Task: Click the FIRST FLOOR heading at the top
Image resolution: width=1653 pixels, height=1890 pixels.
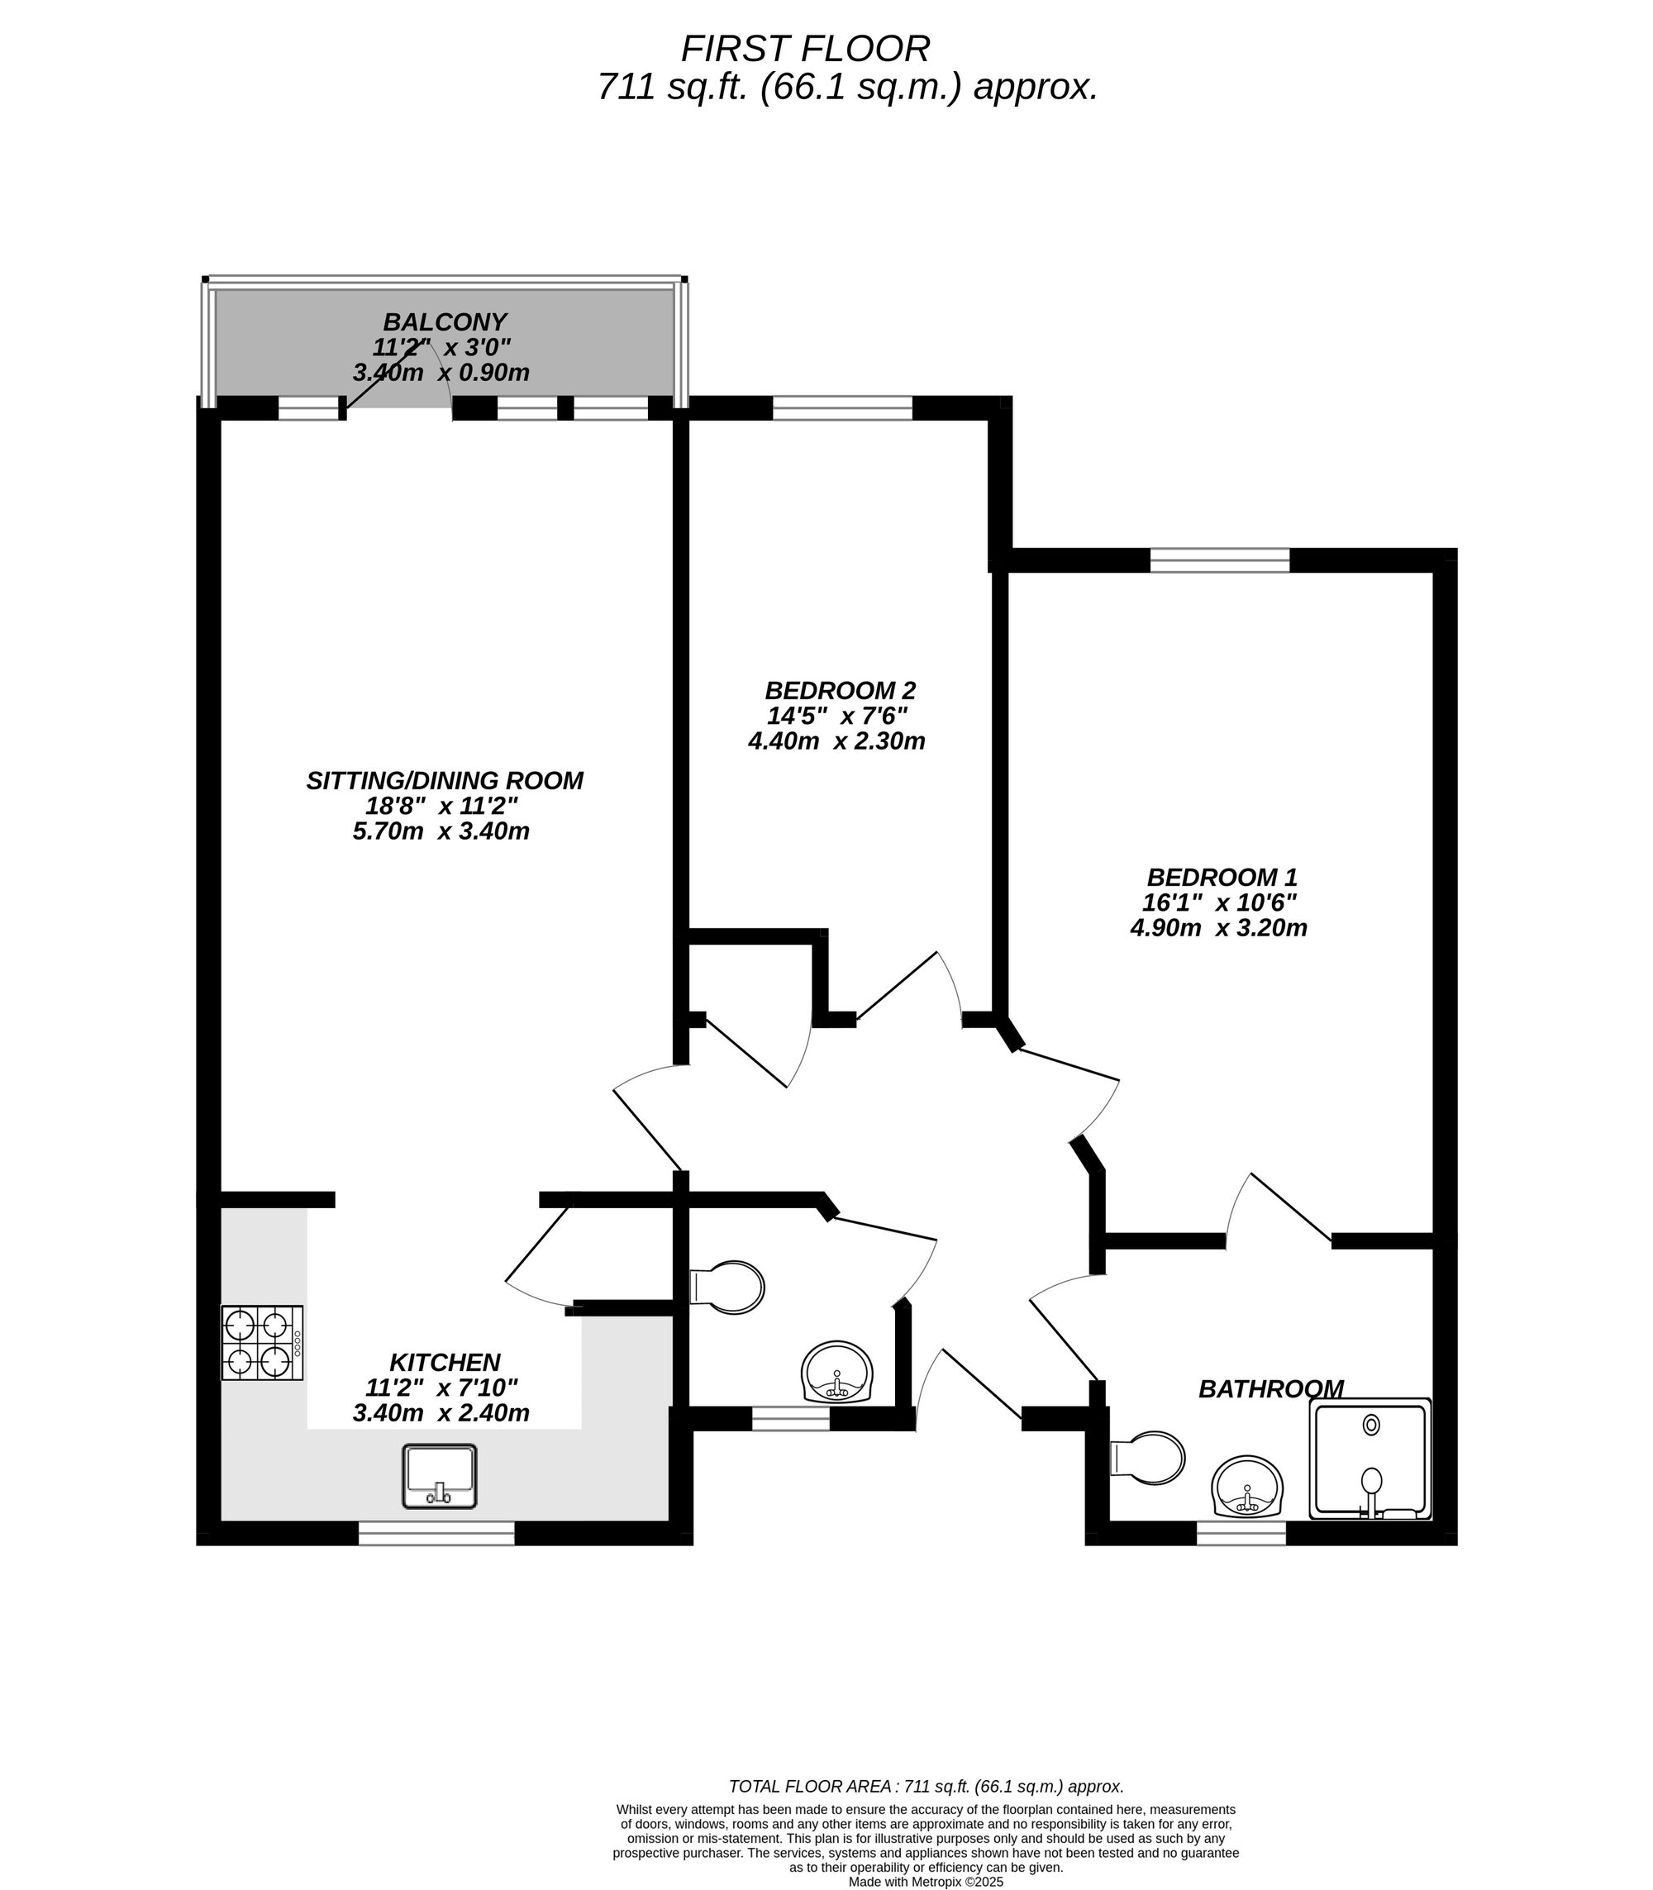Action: [805, 48]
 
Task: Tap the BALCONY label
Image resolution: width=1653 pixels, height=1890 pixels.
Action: [445, 322]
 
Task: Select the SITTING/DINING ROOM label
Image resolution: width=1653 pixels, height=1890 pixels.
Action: [445, 780]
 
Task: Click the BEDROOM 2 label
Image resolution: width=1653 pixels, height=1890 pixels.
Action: [840, 690]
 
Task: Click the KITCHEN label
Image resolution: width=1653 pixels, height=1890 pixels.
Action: [445, 1361]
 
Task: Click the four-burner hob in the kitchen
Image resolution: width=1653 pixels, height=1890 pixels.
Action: [262, 1342]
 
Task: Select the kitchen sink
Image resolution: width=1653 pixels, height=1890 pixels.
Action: [440, 1476]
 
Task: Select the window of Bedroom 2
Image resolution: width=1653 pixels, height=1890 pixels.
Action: [841, 407]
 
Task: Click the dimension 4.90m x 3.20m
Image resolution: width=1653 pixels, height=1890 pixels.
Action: [1217, 928]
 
